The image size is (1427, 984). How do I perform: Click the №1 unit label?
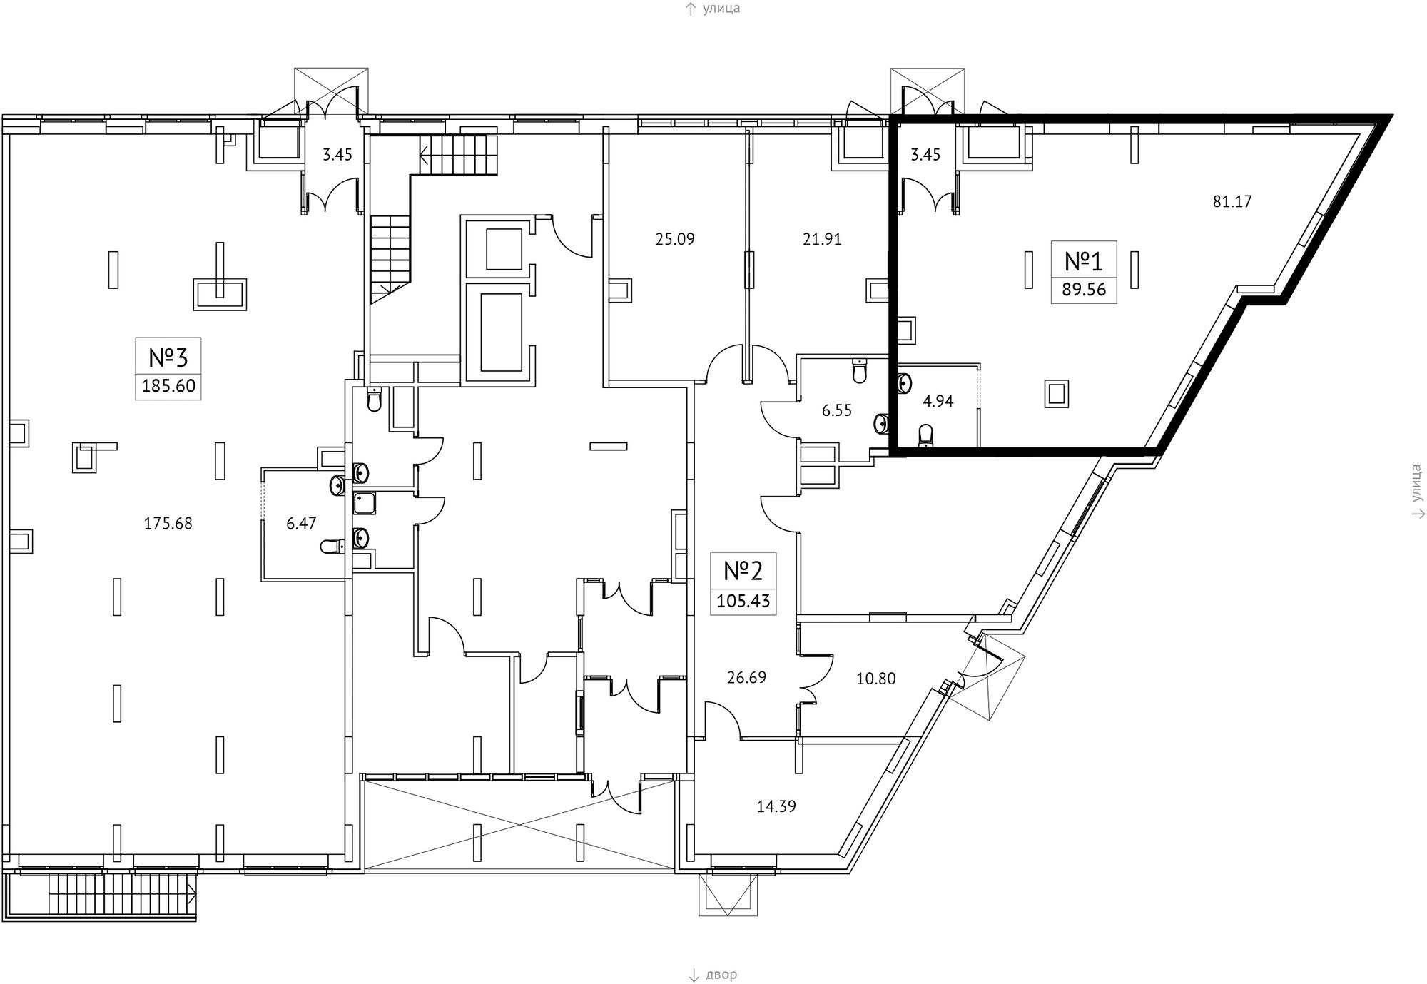[x=1083, y=261]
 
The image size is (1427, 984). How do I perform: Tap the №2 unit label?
[x=743, y=571]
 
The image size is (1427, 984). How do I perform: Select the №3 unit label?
[x=168, y=357]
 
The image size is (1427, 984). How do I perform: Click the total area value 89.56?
[x=1083, y=290]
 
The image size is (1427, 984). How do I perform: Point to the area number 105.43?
[x=743, y=601]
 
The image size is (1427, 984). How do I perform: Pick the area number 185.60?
[x=168, y=387]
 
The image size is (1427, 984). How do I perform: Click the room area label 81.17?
[x=1232, y=202]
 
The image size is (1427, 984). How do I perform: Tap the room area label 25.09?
[x=675, y=239]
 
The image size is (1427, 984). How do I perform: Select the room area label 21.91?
[x=822, y=240]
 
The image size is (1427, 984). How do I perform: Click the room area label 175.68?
[x=168, y=524]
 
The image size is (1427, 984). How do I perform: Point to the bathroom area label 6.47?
[x=301, y=524]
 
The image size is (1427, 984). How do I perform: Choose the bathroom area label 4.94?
[x=938, y=401]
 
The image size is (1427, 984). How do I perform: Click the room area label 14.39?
[x=776, y=806]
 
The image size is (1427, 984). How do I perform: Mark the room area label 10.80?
[x=875, y=679]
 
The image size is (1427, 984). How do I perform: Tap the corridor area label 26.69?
[x=746, y=677]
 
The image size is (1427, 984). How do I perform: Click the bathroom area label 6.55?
[x=837, y=410]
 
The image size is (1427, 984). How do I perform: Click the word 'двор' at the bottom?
[x=721, y=975]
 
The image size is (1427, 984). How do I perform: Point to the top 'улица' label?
[x=721, y=9]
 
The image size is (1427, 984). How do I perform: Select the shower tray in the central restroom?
[x=365, y=504]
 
